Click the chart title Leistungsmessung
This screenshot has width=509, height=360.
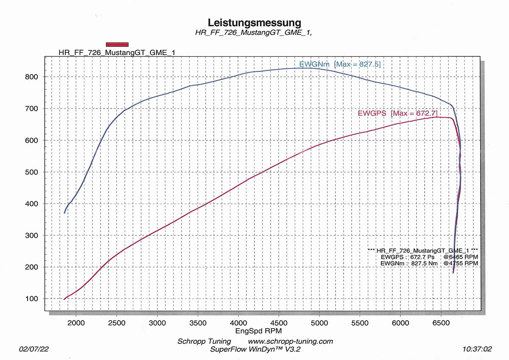click(x=255, y=22)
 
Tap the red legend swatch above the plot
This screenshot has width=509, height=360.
click(x=117, y=44)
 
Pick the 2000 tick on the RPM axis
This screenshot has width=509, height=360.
click(x=76, y=323)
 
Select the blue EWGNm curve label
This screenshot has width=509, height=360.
click(x=314, y=64)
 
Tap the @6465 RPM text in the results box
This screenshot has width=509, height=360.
click(x=461, y=257)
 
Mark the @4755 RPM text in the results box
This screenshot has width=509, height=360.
click(x=461, y=263)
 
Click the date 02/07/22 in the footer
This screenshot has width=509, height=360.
click(x=34, y=349)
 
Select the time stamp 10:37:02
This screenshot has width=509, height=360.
click(x=478, y=349)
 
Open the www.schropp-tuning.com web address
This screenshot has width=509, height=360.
click(x=290, y=341)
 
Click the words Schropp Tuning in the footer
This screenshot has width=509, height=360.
click(x=204, y=341)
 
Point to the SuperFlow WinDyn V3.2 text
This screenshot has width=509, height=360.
click(x=255, y=349)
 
